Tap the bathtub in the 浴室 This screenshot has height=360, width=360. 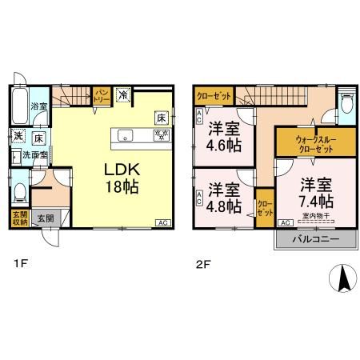[x=20, y=102]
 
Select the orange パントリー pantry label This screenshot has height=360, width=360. [x=102, y=96]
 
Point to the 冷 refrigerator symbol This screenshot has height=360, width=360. [x=123, y=95]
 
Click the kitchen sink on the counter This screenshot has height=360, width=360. [x=125, y=136]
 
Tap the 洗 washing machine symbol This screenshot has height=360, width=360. [x=18, y=135]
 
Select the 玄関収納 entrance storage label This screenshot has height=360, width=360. [x=18, y=218]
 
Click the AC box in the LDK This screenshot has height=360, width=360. [x=161, y=222]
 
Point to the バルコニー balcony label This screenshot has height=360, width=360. [x=309, y=240]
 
